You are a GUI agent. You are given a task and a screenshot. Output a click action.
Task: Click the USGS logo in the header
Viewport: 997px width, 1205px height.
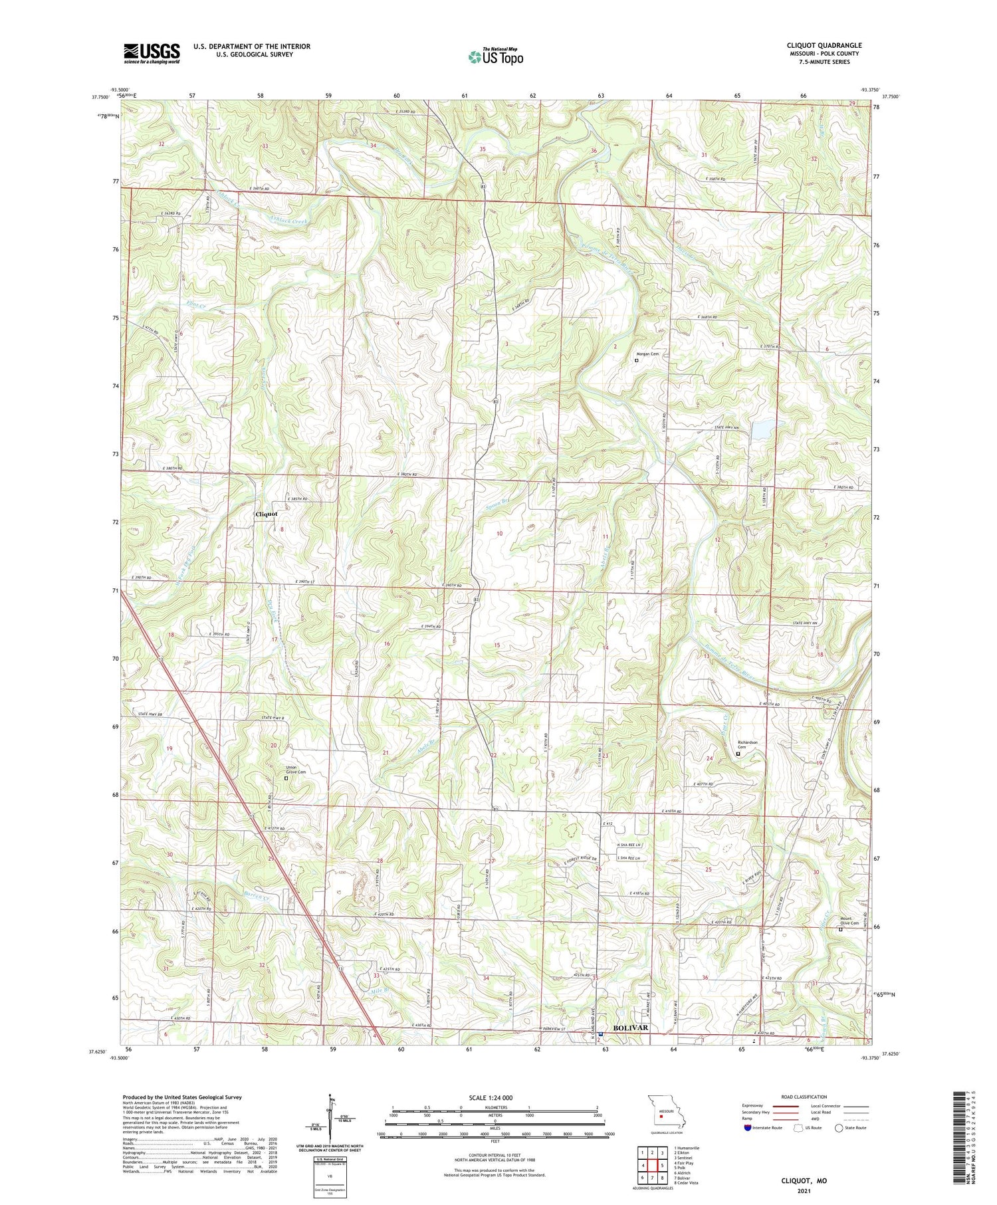coord(152,53)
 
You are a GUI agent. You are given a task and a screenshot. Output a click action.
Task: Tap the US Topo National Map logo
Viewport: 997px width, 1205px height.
coord(495,56)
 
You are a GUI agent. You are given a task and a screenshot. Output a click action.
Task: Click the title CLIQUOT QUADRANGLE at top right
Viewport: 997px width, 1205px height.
coord(824,46)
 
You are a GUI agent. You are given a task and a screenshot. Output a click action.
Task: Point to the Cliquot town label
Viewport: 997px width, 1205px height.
coord(267,514)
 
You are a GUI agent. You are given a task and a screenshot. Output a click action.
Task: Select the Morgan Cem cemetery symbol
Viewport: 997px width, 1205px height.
coord(636,361)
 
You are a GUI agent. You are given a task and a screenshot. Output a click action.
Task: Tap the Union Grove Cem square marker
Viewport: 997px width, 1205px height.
coord(286,778)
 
